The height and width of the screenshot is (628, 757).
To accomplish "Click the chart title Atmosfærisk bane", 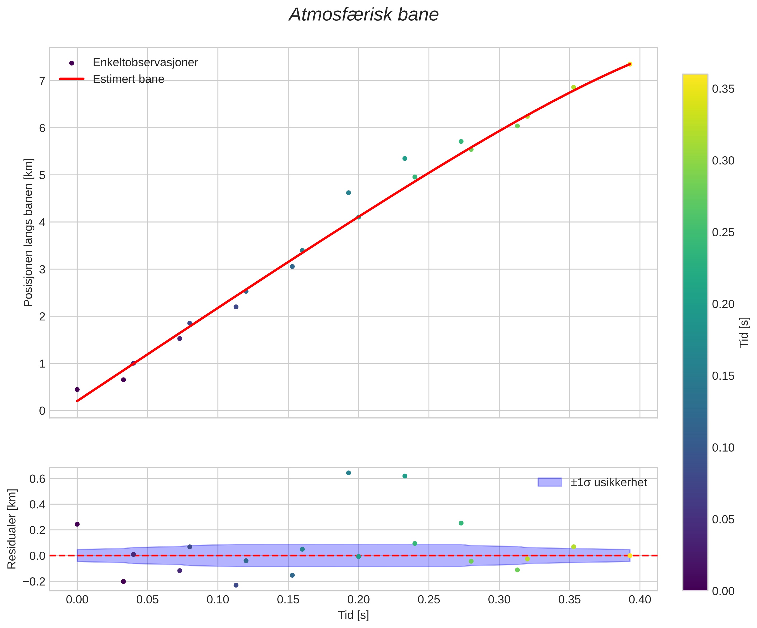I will [364, 15].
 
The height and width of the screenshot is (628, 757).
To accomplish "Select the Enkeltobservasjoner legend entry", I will [145, 63].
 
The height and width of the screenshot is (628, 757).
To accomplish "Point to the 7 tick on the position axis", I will [42, 81].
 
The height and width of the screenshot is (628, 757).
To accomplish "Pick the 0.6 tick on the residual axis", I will [37, 479].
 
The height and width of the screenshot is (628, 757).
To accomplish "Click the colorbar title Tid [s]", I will [744, 332].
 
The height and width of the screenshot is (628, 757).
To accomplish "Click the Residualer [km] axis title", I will [12, 529].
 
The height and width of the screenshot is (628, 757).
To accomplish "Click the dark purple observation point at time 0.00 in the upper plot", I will [77, 389].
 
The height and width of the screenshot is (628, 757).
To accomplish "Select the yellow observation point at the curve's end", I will [630, 64].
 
